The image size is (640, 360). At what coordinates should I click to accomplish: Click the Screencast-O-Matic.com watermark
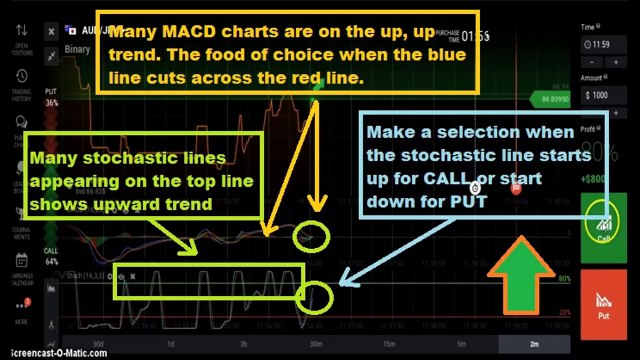coord(44,352)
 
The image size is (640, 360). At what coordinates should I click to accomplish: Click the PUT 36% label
coord(52,96)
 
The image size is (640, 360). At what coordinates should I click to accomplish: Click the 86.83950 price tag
coord(558,102)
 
